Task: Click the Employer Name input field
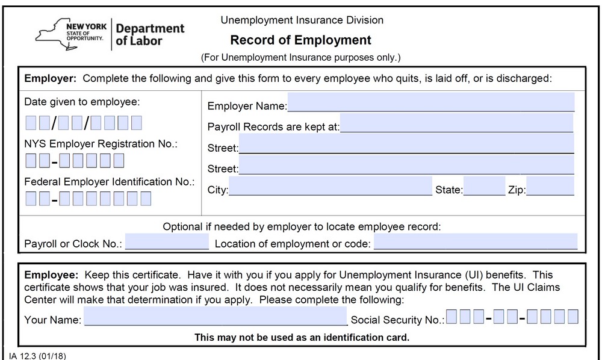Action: pyautogui.click(x=430, y=102)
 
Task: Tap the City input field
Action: pyautogui.click(x=330, y=187)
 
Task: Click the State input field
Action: pyautogui.click(x=484, y=187)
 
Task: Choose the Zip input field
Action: pyautogui.click(x=550, y=187)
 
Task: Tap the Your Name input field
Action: pyautogui.click(x=216, y=316)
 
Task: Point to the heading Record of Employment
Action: pyautogui.click(x=300, y=40)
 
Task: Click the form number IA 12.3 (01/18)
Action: pyautogui.click(x=37, y=355)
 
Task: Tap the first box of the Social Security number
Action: pyautogui.click(x=451, y=317)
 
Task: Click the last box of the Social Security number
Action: pyautogui.click(x=573, y=317)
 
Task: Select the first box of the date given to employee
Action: pyautogui.click(x=31, y=123)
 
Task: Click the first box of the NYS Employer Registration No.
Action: pyautogui.click(x=31, y=161)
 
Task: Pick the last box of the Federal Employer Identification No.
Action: pyautogui.click(x=145, y=198)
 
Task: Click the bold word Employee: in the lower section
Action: pyautogui.click(x=51, y=275)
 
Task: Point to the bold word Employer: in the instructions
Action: pyautogui.click(x=51, y=78)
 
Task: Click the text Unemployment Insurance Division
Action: pyautogui.click(x=302, y=20)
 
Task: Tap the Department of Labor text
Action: pyautogui.click(x=149, y=35)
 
